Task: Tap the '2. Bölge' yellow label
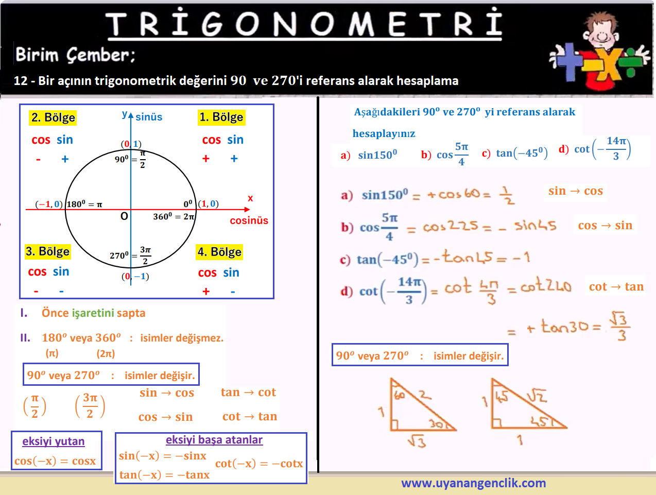point(53,117)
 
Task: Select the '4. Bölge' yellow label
point(219,252)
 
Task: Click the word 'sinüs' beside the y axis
point(149,116)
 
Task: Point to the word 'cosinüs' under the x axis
point(249,220)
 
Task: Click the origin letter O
point(124,216)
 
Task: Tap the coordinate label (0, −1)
point(135,276)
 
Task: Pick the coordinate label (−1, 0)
point(49,204)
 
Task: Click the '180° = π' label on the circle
point(84,204)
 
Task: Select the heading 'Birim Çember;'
point(75,55)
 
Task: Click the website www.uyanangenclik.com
point(473,483)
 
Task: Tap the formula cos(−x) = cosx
point(55,461)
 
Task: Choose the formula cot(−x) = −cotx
point(259,463)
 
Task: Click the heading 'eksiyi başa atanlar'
point(214,440)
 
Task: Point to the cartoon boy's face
point(601,32)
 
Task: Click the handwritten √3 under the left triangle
point(417,441)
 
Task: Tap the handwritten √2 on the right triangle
point(537,396)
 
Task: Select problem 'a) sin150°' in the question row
point(369,155)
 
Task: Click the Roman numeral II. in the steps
point(25,338)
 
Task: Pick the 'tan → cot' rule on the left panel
point(248,392)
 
